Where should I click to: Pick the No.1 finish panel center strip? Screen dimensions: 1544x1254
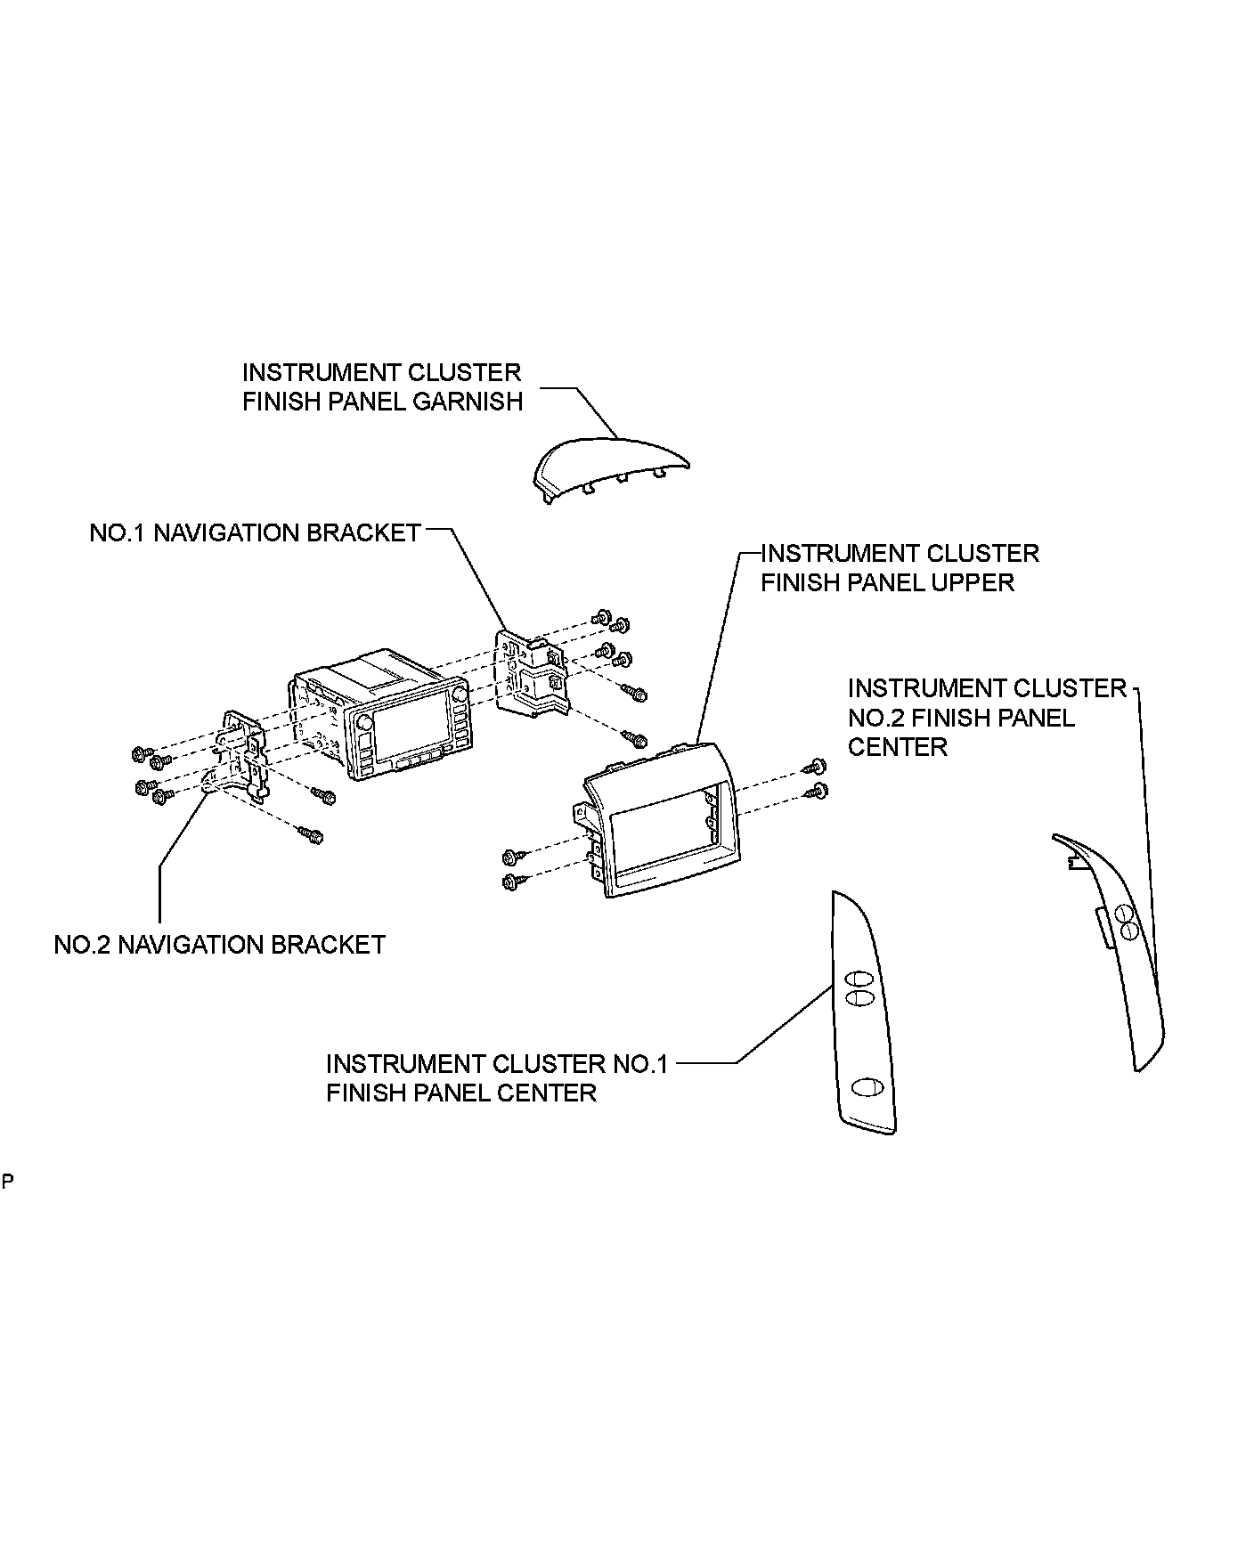(864, 1015)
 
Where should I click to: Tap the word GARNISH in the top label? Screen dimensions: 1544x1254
(468, 402)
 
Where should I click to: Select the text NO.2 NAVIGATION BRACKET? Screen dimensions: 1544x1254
(220, 945)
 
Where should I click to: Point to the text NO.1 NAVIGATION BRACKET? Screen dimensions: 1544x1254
(255, 532)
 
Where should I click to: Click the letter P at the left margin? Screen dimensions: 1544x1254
(7, 1182)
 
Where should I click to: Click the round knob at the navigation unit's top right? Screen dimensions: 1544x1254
(460, 694)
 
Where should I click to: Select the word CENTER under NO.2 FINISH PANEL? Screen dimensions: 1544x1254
(897, 747)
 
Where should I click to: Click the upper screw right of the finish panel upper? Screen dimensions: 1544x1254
(817, 765)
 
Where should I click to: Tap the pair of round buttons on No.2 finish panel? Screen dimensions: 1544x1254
(1125, 922)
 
